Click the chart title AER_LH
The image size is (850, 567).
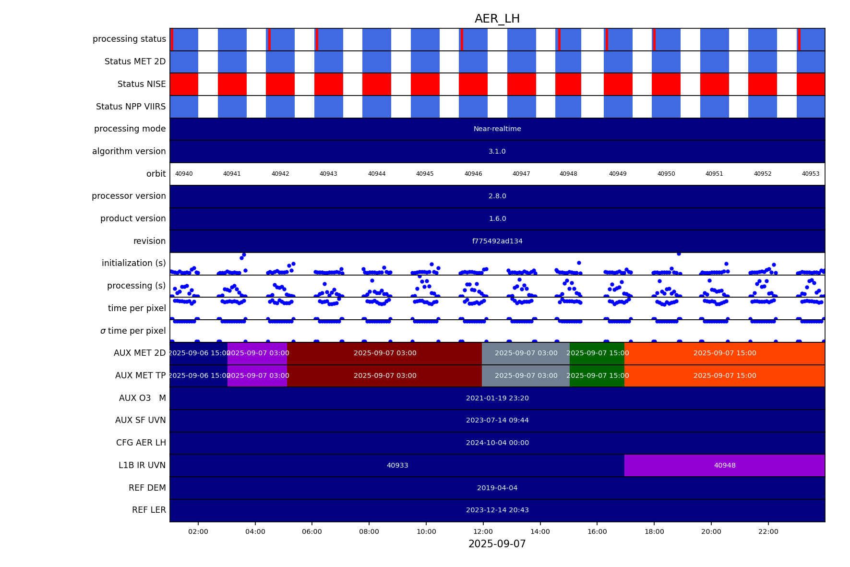[497, 19]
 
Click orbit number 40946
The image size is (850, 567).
[473, 174]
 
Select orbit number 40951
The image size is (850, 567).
[714, 174]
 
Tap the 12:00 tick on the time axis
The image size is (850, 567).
[483, 531]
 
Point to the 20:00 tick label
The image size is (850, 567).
[711, 531]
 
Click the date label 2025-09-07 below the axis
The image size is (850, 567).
[497, 544]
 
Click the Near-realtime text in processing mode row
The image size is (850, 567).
[497, 129]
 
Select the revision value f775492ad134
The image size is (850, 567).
[497, 241]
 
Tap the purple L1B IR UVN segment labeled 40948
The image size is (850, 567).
[724, 465]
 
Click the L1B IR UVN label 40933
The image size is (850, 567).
[397, 465]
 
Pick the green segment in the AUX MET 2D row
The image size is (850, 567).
[597, 353]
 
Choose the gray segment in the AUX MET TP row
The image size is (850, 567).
[526, 375]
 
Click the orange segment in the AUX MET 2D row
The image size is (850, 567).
[724, 353]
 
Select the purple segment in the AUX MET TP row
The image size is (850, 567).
[257, 375]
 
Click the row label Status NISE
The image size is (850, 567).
[142, 84]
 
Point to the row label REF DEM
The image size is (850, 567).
[147, 488]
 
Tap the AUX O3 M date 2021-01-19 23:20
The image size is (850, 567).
[497, 398]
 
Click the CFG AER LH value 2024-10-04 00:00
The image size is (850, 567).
[497, 443]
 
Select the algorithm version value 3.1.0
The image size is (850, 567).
[497, 151]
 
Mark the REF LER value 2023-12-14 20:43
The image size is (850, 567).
[497, 510]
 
